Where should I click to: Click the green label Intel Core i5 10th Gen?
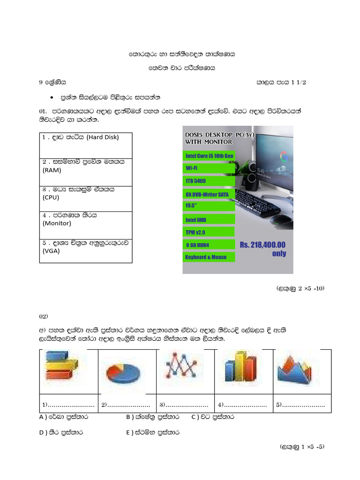coord(210,156)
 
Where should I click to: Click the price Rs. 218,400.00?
coord(262,245)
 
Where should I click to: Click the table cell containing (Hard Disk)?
coord(85,145)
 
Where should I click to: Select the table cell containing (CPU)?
coord(85,197)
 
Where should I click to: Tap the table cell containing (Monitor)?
coord(85,223)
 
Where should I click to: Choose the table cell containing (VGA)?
coord(85,250)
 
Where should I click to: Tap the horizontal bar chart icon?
coord(62,366)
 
